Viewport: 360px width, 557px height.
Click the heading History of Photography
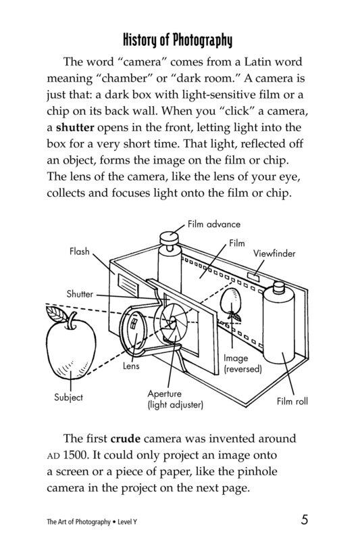[x=180, y=39]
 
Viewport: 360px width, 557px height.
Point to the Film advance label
[x=214, y=224]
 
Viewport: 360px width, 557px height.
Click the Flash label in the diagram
[x=79, y=251]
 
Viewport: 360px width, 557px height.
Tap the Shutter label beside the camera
[x=80, y=294]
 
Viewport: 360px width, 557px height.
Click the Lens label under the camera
[x=131, y=366]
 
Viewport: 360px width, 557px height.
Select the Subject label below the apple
[x=68, y=397]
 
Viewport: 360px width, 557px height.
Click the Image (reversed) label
[x=242, y=364]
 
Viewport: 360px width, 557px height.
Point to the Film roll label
[x=292, y=401]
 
